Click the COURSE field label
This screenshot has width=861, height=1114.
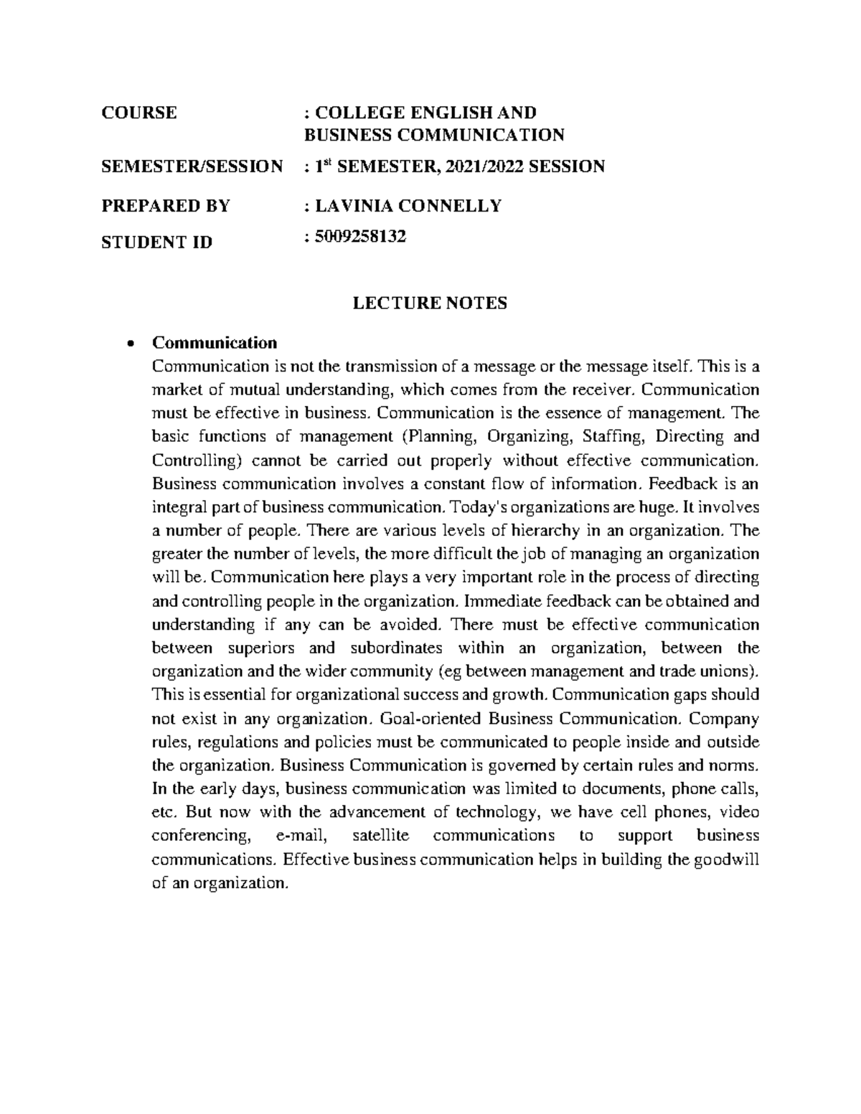pos(138,113)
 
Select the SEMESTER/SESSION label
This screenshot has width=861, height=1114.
pos(192,167)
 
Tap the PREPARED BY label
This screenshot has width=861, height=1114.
pos(165,206)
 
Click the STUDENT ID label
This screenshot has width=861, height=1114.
pos(156,242)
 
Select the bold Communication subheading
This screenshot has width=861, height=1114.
pos(215,342)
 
